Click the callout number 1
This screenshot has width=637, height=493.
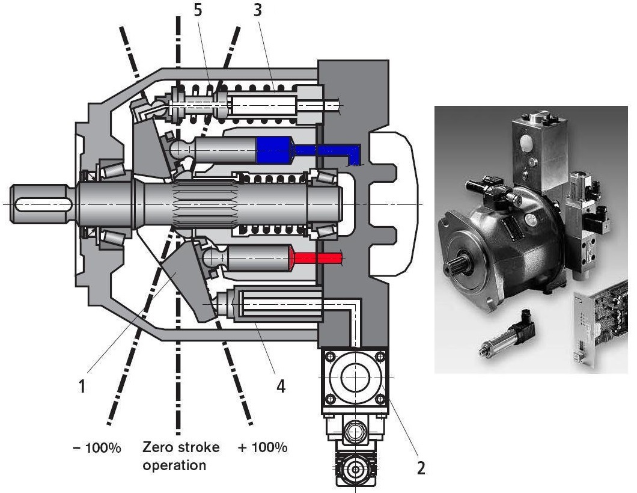(x=82, y=385)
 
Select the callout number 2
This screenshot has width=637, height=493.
(x=421, y=467)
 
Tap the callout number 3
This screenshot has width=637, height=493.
(x=258, y=10)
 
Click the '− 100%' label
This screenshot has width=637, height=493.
(x=97, y=448)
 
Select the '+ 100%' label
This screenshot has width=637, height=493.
(x=263, y=448)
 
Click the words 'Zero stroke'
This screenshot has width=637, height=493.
(x=181, y=447)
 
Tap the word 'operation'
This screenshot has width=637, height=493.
(x=174, y=465)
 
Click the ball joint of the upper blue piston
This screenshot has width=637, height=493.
(x=178, y=147)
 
